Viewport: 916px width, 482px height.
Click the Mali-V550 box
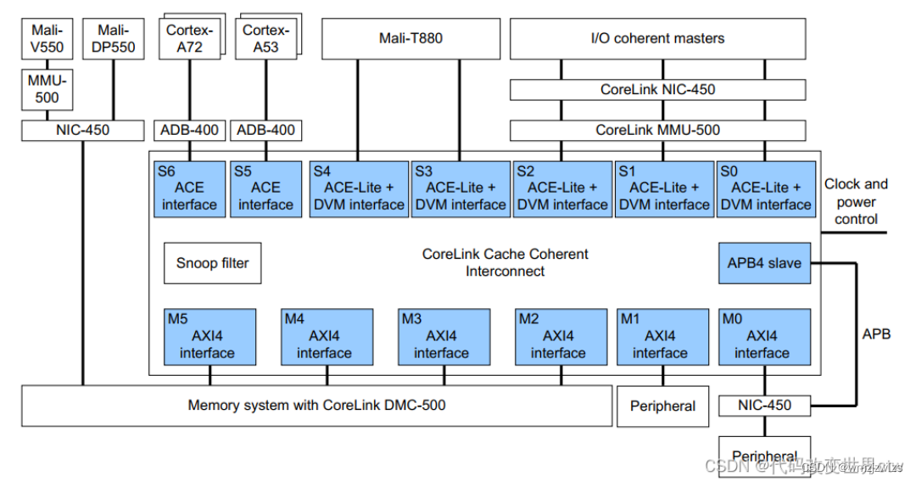click(47, 39)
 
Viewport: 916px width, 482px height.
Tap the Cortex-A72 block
click(188, 38)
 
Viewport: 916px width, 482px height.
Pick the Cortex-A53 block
click(265, 38)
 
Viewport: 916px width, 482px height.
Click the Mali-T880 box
click(410, 38)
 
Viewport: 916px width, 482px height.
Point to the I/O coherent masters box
click(657, 38)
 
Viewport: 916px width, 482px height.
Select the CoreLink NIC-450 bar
click(657, 89)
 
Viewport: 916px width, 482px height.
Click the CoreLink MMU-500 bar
click(657, 130)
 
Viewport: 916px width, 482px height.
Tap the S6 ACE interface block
click(189, 188)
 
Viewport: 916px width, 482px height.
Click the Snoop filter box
click(212, 263)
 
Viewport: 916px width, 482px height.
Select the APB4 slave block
click(763, 263)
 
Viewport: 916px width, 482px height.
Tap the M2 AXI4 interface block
click(557, 337)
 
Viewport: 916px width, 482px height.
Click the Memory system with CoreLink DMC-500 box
click(316, 406)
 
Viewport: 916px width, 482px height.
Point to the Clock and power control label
click(855, 201)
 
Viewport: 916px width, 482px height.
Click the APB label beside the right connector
click(876, 334)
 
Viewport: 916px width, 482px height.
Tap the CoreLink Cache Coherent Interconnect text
click(505, 262)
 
